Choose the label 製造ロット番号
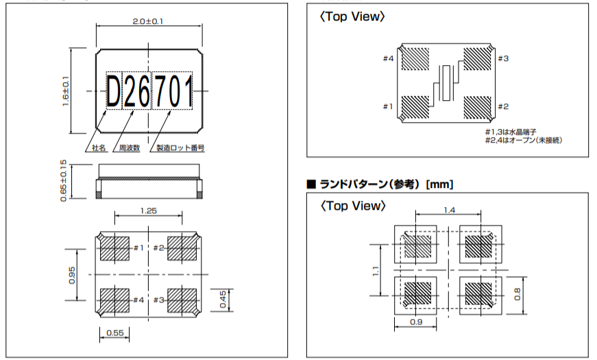coord(181,147)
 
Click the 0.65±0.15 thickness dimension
coord(64,180)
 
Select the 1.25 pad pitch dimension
coord(149,211)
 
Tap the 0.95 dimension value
coord(72,274)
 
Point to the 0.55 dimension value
coord(114,333)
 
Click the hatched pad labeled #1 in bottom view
coord(114,248)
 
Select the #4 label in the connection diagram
coord(388,59)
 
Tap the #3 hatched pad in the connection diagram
coord(477,59)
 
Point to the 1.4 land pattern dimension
coord(448,210)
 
